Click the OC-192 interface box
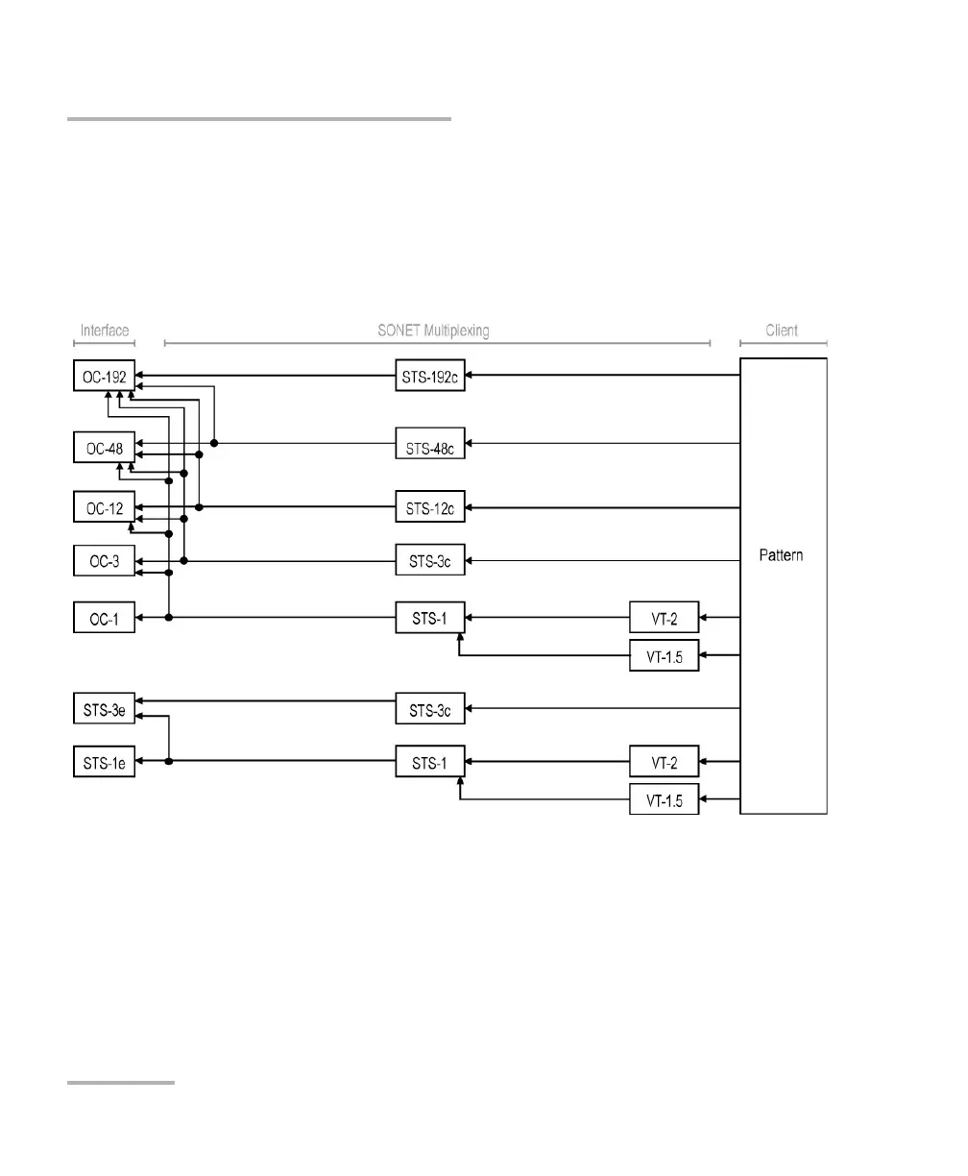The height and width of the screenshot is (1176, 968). click(x=105, y=375)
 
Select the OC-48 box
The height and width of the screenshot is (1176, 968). click(x=105, y=448)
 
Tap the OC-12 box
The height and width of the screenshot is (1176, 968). click(x=105, y=506)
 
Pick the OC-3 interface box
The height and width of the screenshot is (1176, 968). click(x=105, y=561)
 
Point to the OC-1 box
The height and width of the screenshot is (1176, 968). click(x=105, y=617)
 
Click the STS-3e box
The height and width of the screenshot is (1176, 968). click(x=105, y=709)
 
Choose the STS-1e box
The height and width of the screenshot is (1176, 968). click(x=105, y=762)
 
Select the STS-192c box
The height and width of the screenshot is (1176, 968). click(x=430, y=375)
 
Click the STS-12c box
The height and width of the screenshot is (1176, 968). click(x=430, y=506)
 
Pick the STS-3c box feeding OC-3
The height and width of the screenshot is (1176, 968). click(x=430, y=561)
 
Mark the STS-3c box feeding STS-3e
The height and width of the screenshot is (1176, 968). click(x=430, y=709)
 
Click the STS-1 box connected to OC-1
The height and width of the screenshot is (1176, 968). click(x=430, y=617)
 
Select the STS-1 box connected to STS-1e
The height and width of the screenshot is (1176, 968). click(x=430, y=762)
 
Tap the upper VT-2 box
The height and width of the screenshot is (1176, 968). click(x=664, y=617)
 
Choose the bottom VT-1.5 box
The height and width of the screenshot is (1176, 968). click(x=664, y=798)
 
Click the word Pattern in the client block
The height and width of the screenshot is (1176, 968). click(x=781, y=555)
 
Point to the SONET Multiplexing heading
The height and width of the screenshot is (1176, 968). click(x=433, y=331)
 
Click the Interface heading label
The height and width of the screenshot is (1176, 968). click(x=105, y=331)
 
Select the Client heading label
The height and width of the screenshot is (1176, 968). click(x=782, y=331)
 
